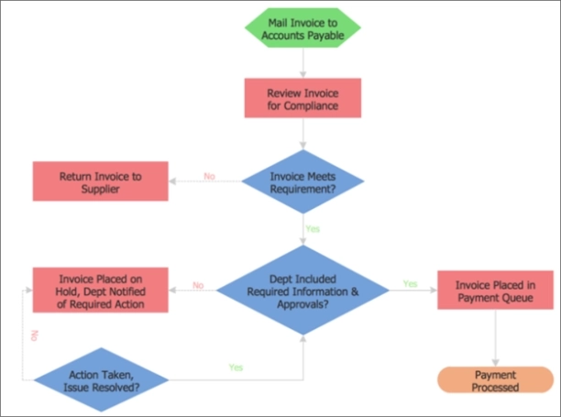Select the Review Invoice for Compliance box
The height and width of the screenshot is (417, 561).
(302, 99)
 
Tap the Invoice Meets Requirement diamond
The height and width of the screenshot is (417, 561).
(302, 182)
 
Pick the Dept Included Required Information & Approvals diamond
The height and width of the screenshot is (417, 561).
(302, 291)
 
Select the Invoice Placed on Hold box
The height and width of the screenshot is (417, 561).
(101, 291)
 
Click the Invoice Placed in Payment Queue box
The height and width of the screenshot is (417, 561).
(495, 291)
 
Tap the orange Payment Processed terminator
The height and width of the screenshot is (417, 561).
(496, 381)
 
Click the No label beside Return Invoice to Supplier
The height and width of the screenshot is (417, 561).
(210, 176)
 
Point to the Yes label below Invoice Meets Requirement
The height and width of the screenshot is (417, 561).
(313, 228)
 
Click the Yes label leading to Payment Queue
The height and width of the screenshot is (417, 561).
(410, 284)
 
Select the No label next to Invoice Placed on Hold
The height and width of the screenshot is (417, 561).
(198, 285)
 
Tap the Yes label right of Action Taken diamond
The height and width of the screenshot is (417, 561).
(236, 368)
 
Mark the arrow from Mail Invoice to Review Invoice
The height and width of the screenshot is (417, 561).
(302, 64)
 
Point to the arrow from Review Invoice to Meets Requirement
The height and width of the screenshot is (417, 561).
(302, 134)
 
